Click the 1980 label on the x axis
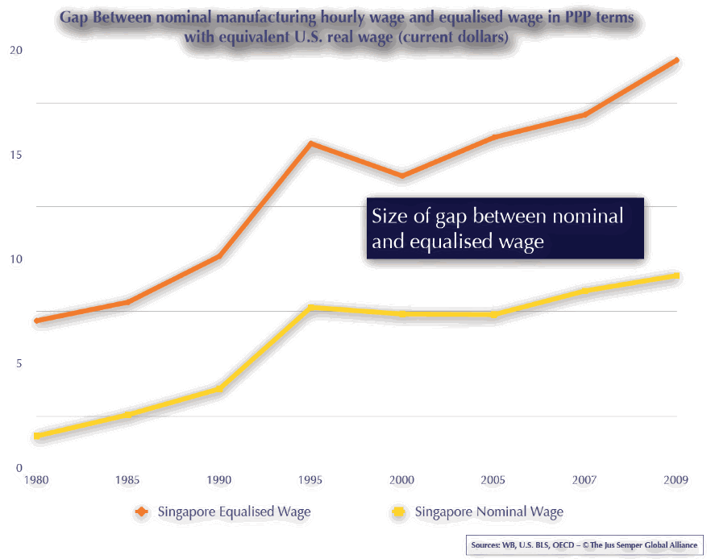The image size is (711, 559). [x=36, y=480]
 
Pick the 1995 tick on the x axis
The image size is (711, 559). [x=310, y=480]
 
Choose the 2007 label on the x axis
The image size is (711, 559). [x=584, y=480]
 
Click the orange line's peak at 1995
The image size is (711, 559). [x=310, y=143]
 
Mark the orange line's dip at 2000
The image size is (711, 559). [x=401, y=176]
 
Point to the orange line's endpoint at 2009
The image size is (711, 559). [x=676, y=60]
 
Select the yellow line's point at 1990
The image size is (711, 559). [x=218, y=389]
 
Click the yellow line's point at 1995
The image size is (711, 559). [x=310, y=307]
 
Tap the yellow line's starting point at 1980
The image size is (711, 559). [x=36, y=436]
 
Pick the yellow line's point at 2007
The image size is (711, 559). [x=584, y=291]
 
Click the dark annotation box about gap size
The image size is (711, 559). [x=505, y=229]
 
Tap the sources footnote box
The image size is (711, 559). [x=584, y=545]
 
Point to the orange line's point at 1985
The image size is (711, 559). [x=127, y=302]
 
